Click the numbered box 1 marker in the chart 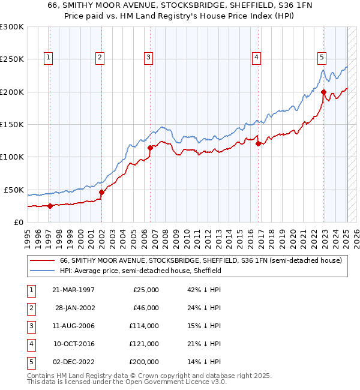(47, 58)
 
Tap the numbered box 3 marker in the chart (148, 58)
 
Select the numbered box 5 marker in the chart (322, 58)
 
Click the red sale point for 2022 (324, 92)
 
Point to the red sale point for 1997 (50, 206)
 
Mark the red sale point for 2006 (150, 148)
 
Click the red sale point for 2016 (258, 143)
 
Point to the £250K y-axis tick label (12, 59)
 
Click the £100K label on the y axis (12, 157)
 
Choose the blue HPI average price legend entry (140, 271)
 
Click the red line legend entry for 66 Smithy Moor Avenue (200, 260)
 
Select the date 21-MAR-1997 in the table (73, 289)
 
